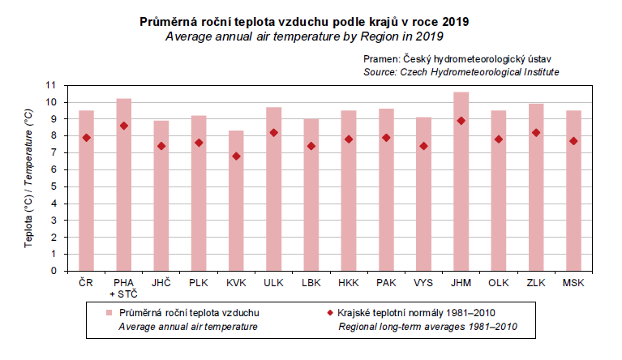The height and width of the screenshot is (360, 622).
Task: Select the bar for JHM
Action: pyautogui.click(x=461, y=182)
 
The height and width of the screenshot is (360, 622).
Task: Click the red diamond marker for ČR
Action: pyautogui.click(x=86, y=138)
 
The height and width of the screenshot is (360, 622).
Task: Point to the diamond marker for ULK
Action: pyautogui.click(x=274, y=133)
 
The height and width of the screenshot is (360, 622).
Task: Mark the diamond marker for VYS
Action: pyautogui.click(x=423, y=146)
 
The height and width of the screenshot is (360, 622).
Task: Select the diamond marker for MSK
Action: pyautogui.click(x=573, y=141)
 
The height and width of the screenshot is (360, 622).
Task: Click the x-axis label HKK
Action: pyautogui.click(x=348, y=283)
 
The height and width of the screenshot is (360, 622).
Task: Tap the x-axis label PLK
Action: pyautogui.click(x=199, y=283)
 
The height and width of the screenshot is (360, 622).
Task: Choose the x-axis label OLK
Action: pyautogui.click(x=498, y=283)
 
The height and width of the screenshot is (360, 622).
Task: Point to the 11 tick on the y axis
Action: pyautogui.click(x=51, y=85)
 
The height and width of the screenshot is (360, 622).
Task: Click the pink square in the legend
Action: pyautogui.click(x=108, y=312)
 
